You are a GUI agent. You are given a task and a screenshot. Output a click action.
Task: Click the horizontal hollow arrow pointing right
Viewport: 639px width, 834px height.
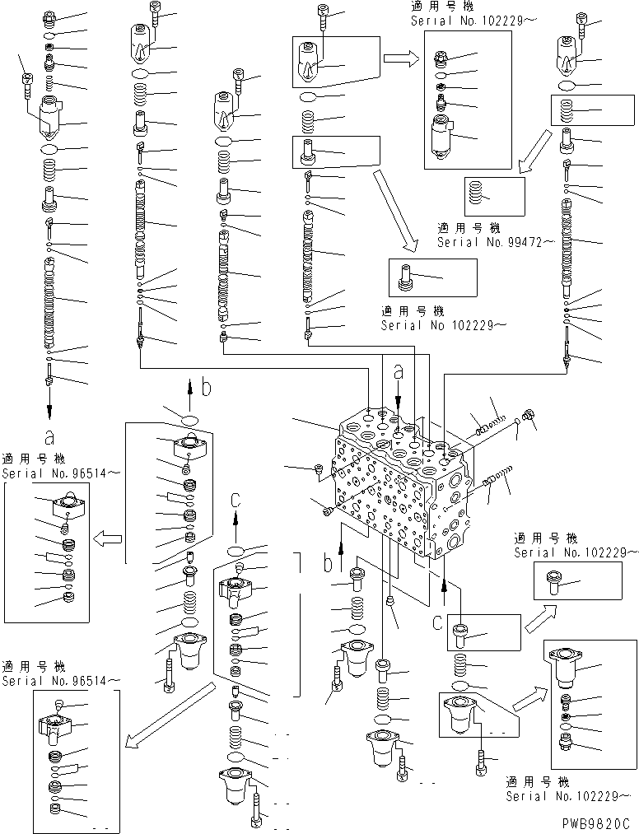coord(401,58)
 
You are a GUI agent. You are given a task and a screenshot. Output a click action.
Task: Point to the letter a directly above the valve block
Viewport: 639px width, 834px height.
coord(399,373)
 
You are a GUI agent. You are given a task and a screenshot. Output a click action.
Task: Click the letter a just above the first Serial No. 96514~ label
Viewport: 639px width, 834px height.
coord(49,436)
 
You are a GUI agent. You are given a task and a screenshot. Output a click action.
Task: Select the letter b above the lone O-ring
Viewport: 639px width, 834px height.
coord(206,386)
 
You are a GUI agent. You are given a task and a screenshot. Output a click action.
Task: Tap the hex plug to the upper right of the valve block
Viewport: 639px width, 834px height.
coord(529,416)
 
